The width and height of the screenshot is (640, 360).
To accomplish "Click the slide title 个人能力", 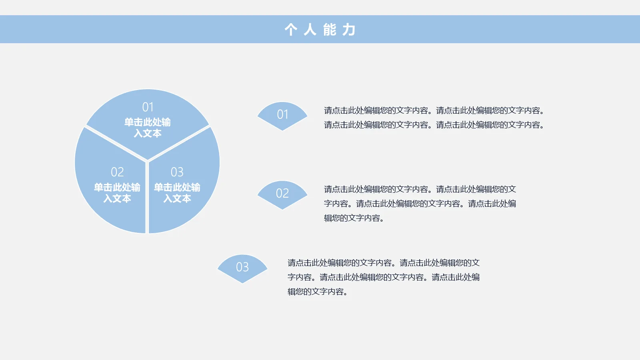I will point(320,30).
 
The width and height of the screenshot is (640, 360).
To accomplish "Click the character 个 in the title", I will point(291,30).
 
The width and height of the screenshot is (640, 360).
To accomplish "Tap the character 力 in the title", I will point(349,30).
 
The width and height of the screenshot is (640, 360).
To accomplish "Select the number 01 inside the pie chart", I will point(148,107).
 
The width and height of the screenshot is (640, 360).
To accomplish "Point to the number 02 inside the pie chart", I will point(117,172).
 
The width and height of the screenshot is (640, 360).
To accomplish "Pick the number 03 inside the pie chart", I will point(177,172).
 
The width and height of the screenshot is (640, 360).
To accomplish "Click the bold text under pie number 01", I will point(148,128).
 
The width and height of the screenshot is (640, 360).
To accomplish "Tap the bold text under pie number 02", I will point(117,193).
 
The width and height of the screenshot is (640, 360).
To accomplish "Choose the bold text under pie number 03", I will point(177,193).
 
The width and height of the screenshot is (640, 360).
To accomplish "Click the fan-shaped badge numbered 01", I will point(282,115).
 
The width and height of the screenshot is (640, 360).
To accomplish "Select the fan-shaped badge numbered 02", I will point(282,194).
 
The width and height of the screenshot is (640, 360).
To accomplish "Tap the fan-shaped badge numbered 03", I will point(242,268).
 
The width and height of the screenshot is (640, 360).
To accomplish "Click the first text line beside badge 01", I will point(434,110).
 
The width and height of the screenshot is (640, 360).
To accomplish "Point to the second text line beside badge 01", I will point(434,125).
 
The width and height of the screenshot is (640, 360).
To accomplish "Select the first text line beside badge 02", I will point(420,189).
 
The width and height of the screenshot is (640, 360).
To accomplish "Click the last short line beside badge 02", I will point(354,218).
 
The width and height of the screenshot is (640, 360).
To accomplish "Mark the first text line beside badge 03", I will point(384,263).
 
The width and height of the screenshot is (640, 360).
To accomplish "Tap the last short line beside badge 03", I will point(318,292).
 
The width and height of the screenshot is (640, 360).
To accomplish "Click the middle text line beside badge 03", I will point(384,277).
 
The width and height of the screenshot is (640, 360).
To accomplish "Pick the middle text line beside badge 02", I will point(420,204).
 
